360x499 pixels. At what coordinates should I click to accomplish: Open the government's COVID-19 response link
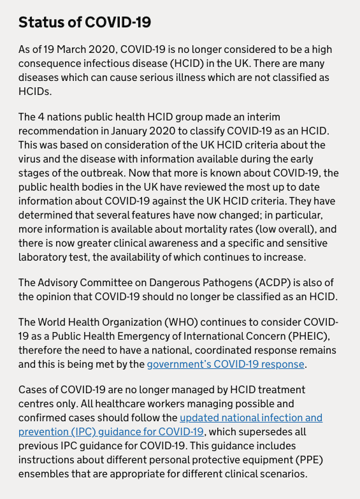pyautogui.click(x=226, y=365)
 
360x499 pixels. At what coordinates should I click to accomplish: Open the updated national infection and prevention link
pyautogui.click(x=250, y=417)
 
